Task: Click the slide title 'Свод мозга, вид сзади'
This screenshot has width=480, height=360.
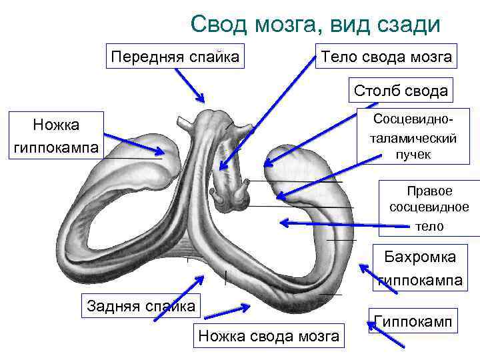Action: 315,25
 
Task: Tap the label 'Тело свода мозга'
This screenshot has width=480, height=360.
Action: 387,56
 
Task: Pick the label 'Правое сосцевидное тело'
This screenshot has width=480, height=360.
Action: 429,208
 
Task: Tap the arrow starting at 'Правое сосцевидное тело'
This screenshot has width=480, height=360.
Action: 347,225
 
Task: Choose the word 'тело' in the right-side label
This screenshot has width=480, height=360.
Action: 429,226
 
